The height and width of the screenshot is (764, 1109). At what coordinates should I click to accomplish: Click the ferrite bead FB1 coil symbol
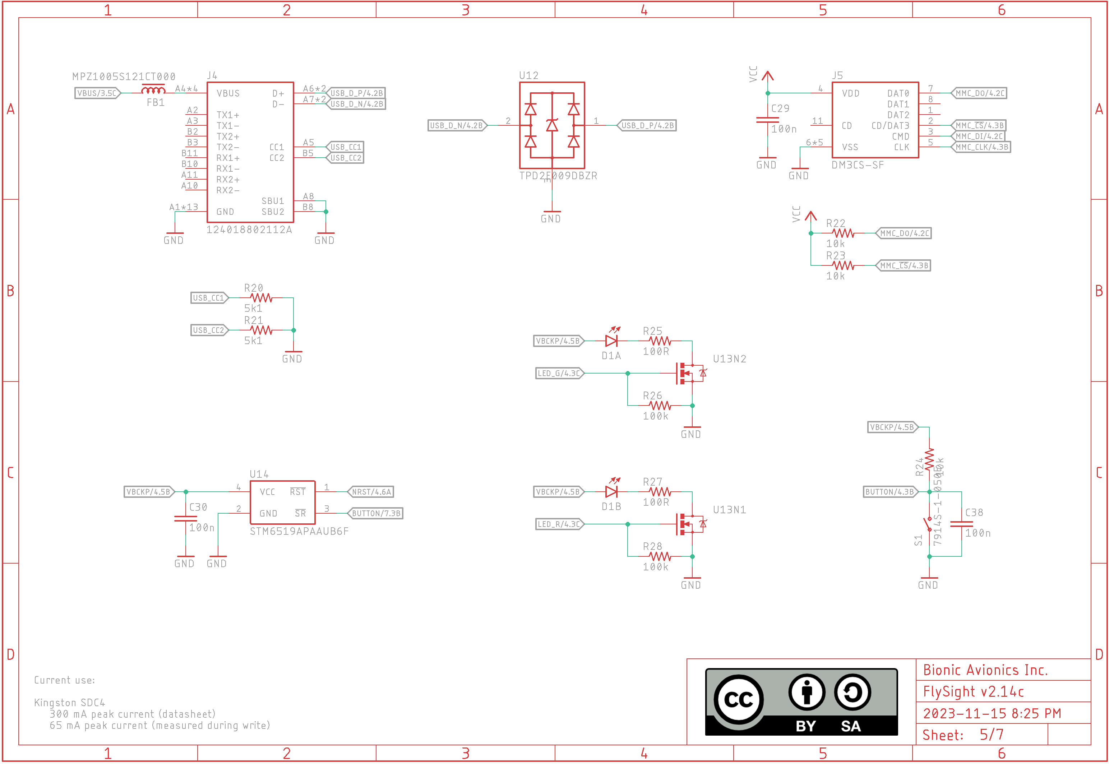pos(153,90)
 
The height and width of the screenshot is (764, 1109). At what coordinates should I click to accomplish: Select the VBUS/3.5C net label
pos(97,93)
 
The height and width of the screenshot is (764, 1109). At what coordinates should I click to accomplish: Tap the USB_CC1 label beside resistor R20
pos(209,298)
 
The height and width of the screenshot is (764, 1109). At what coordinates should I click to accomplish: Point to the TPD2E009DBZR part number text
pos(558,176)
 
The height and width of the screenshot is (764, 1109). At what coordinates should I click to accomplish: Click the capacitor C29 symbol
pos(767,120)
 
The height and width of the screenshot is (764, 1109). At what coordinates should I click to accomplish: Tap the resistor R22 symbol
pos(843,233)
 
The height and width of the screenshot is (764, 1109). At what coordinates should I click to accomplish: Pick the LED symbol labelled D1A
pos(611,341)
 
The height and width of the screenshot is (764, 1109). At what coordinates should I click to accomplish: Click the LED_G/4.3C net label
pos(559,374)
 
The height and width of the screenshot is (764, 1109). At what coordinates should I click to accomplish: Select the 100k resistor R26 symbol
pos(660,406)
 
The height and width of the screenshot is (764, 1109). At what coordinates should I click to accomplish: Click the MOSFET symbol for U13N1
pos(687,524)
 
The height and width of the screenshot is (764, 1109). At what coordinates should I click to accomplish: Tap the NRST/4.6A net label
pos(371,492)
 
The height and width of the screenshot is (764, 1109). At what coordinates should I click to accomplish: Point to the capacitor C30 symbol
pos(185,518)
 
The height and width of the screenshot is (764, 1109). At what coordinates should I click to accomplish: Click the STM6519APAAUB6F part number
pos(299,531)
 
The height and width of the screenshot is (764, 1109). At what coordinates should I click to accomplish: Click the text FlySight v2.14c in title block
pos(973,692)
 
